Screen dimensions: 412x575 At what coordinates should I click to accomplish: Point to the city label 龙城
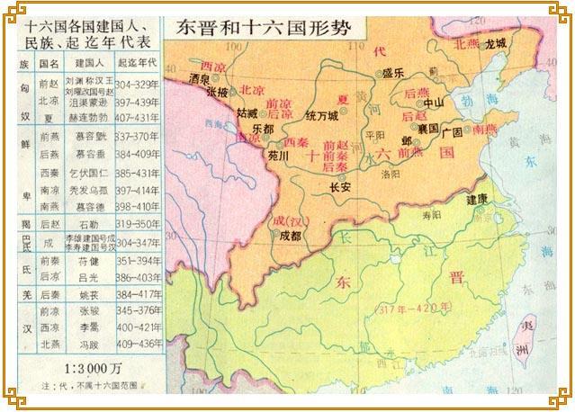point(495,42)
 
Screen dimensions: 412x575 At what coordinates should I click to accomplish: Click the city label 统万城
point(321,115)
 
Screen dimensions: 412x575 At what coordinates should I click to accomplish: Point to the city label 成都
point(290,236)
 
